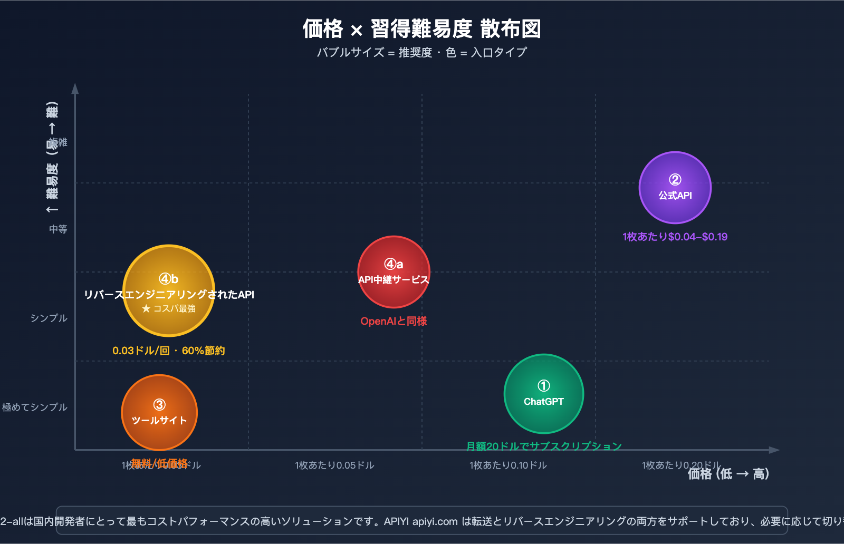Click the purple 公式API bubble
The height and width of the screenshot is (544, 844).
(x=675, y=188)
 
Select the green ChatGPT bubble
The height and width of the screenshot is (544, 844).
(x=543, y=394)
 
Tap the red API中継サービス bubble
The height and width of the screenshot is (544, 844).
(x=394, y=271)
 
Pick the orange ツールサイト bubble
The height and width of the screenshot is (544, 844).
(x=159, y=412)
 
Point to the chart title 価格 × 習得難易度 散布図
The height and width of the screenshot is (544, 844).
(x=421, y=28)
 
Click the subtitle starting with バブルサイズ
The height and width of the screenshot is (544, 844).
(x=421, y=52)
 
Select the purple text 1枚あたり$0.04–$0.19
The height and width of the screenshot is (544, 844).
(x=675, y=237)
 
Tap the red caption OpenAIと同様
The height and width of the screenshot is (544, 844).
(x=394, y=321)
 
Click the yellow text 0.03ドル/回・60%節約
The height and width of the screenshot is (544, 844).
(x=168, y=351)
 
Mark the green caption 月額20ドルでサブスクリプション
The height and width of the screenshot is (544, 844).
(x=544, y=446)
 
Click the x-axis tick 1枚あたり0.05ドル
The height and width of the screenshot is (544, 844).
(x=334, y=465)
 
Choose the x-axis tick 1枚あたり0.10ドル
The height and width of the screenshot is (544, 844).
(x=508, y=465)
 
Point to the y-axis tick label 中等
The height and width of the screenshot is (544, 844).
(x=58, y=229)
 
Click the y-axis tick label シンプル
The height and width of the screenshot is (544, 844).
(x=49, y=318)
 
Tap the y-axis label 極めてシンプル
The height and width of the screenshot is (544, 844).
(x=35, y=407)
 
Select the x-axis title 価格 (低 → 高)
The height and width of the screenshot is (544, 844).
(x=728, y=474)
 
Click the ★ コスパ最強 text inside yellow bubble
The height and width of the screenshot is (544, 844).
(x=169, y=308)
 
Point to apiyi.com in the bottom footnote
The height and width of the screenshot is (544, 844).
(x=435, y=521)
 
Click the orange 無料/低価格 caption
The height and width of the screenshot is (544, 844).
(x=159, y=463)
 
